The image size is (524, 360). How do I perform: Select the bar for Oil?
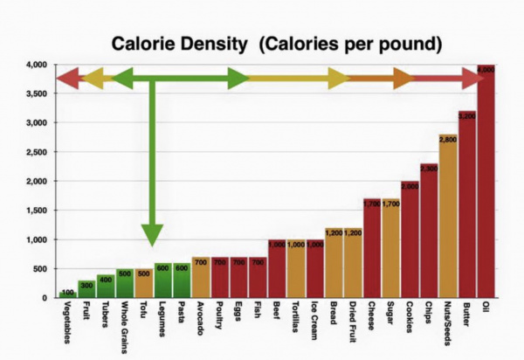(486, 183)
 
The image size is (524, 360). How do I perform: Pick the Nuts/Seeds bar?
(447, 218)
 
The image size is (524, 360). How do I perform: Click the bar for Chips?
(429, 232)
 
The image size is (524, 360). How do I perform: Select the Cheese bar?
(371, 249)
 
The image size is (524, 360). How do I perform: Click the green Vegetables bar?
(67, 294)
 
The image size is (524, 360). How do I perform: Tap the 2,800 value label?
(447, 140)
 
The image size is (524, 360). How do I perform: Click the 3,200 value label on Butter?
(466, 116)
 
